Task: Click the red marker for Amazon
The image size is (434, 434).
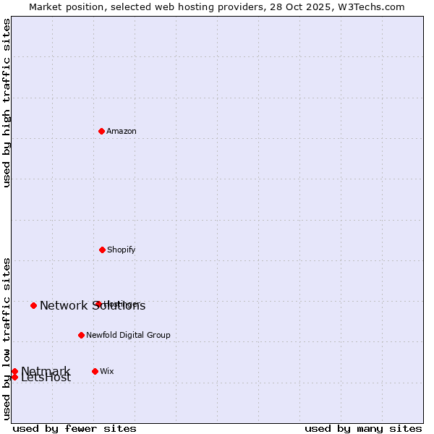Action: point(101,131)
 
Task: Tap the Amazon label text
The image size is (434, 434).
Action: point(122,132)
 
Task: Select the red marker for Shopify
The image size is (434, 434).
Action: point(102,250)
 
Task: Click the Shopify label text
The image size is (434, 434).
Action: point(122,250)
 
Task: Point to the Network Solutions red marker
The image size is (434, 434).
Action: point(33,305)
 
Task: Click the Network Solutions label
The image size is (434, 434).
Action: point(93,306)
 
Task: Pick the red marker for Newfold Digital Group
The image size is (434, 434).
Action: point(81,335)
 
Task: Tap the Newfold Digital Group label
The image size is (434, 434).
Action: point(128,336)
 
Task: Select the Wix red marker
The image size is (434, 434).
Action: point(95,371)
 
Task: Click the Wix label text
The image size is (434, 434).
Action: point(107,372)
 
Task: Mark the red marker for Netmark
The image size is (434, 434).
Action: point(14,371)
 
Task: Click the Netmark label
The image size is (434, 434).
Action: point(46,371)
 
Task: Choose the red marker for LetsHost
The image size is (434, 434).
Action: point(14,377)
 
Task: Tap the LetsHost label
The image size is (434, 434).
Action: point(46,378)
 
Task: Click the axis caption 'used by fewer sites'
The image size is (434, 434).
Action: point(75,428)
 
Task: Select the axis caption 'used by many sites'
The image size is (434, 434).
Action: point(363,428)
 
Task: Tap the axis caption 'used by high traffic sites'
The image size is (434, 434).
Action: point(7,103)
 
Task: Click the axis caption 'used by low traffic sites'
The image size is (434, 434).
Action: point(7,339)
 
